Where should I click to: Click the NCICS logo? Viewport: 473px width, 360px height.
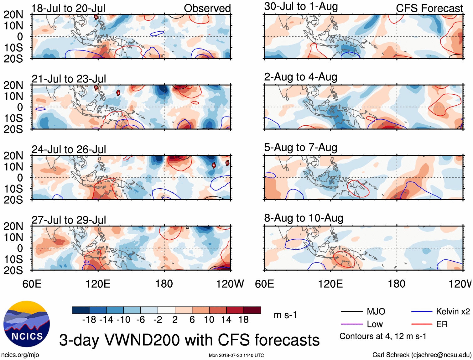pyautogui.click(x=26, y=324)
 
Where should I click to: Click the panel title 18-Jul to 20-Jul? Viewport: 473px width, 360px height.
pyautogui.click(x=68, y=8)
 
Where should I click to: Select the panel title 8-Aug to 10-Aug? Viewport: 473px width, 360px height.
pyautogui.click(x=304, y=218)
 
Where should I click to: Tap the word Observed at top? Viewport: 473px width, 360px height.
pyautogui.click(x=207, y=8)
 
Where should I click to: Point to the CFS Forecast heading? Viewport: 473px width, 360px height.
pyautogui.click(x=429, y=8)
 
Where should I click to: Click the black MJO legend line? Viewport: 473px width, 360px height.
pyautogui.click(x=351, y=311)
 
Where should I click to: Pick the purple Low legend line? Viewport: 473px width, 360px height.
pyautogui.click(x=351, y=324)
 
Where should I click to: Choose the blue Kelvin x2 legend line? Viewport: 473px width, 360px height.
pyautogui.click(x=422, y=311)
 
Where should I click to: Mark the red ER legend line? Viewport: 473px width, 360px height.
pyautogui.click(x=422, y=324)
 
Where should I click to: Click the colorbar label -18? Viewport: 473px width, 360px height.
pyautogui.click(x=89, y=320)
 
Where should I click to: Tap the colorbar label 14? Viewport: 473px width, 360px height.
pyautogui.click(x=226, y=320)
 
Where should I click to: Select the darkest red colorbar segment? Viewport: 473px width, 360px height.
pyautogui.click(x=252, y=310)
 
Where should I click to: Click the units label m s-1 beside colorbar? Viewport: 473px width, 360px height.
pyautogui.click(x=285, y=315)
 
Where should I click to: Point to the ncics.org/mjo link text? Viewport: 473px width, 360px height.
pyautogui.click(x=20, y=355)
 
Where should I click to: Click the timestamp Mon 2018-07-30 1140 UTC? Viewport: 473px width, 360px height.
pyautogui.click(x=236, y=355)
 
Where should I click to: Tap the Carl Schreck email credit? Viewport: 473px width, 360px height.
pyautogui.click(x=422, y=355)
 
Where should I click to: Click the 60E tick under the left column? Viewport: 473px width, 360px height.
pyautogui.click(x=32, y=284)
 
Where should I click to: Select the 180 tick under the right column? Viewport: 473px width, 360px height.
pyautogui.click(x=397, y=284)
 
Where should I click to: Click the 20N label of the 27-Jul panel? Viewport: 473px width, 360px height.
pyautogui.click(x=13, y=226)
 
